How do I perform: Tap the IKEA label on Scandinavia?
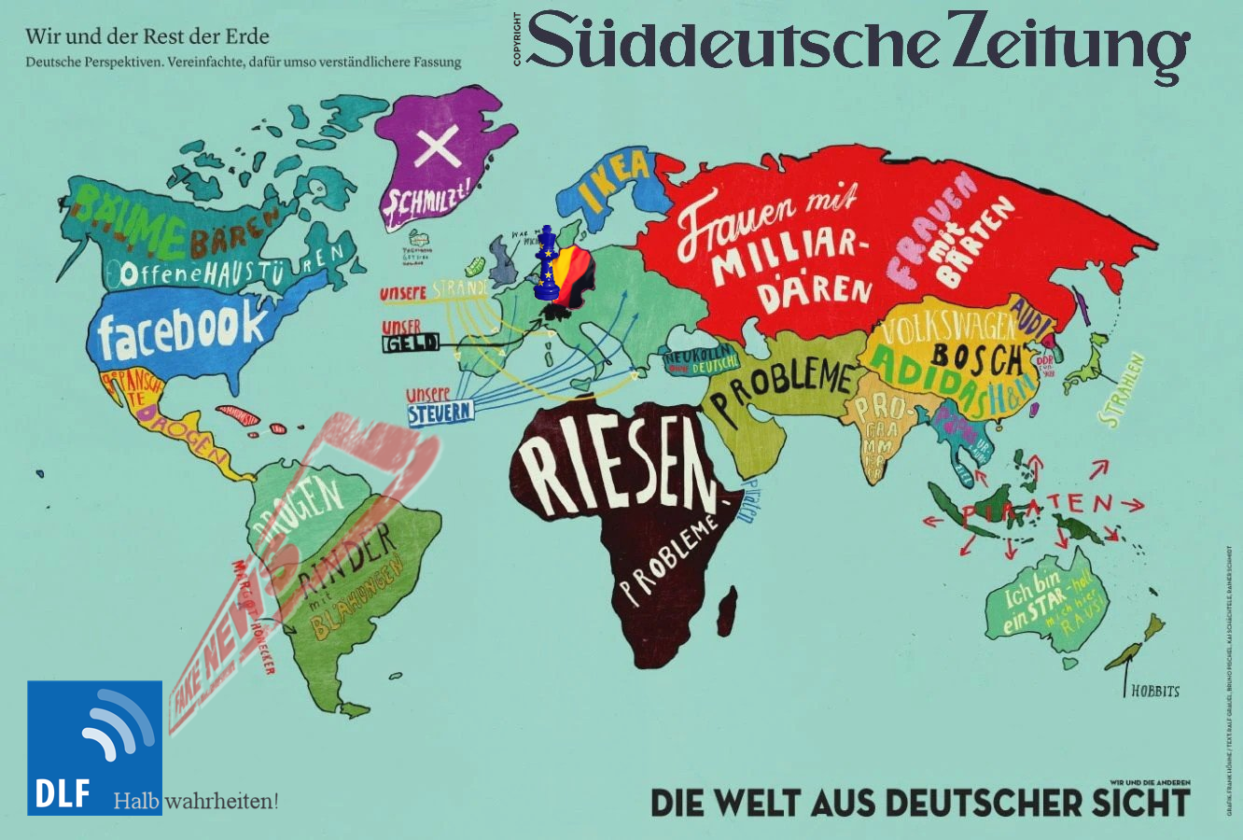click(614, 181)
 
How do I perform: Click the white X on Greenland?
click(437, 147)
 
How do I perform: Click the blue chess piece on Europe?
click(548, 263)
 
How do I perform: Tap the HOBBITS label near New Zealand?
click(1154, 692)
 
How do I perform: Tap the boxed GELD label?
click(411, 344)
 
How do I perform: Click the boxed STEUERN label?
click(440, 412)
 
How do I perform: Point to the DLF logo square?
click(94, 747)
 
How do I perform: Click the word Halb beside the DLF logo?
click(136, 801)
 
